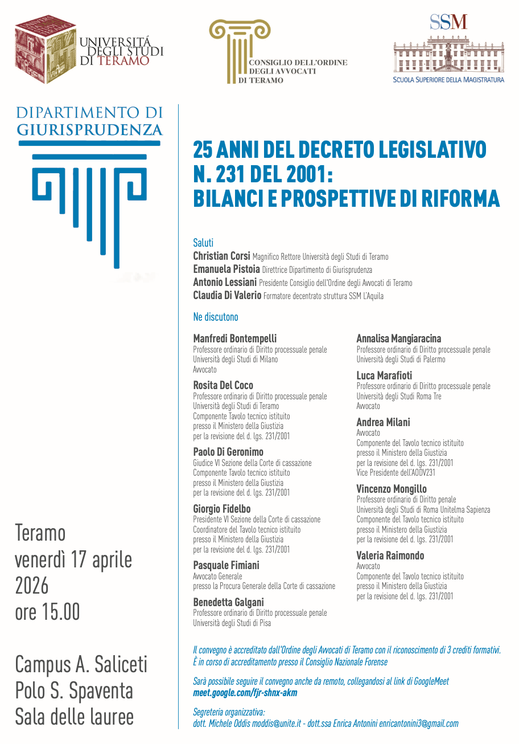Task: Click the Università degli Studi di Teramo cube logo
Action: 45,50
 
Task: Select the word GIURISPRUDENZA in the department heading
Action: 90,129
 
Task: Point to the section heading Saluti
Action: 203,243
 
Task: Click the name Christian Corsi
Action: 221,256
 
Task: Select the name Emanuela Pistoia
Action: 226,269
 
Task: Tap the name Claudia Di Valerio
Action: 227,295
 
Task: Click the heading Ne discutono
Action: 216,317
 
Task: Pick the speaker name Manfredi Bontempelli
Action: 234,338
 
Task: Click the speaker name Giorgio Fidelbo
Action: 221,509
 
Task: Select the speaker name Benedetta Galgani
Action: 228,602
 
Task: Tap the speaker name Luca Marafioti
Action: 384,375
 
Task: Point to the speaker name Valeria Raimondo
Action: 390,555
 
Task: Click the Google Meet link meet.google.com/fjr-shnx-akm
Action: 245,693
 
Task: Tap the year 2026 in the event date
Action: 32,586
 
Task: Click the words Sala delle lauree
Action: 75,716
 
